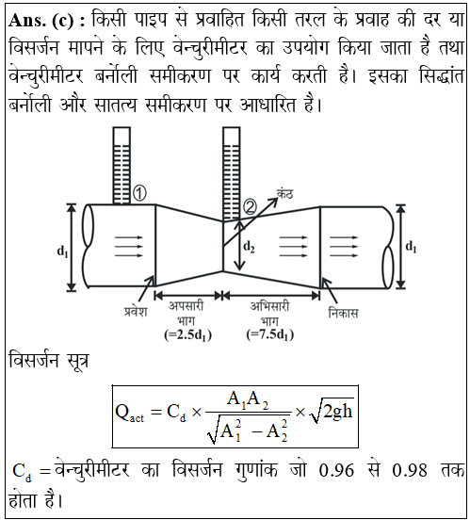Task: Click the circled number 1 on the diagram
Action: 139,193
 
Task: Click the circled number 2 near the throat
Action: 251,207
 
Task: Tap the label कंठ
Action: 285,193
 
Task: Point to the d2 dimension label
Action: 249,247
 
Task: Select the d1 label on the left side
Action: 62,252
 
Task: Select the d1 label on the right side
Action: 411,248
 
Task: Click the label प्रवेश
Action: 136,312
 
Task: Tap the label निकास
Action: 343,313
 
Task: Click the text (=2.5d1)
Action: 188,335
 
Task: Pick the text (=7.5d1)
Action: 270,334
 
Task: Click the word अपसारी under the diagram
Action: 186,306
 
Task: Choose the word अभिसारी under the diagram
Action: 269,306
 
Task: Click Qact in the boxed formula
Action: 129,414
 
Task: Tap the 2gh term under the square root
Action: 337,412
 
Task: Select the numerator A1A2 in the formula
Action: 248,400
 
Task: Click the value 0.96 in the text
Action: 336,470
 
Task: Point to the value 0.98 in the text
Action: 410,470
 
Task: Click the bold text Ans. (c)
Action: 47,21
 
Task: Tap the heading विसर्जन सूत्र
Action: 49,361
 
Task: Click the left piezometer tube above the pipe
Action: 122,166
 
